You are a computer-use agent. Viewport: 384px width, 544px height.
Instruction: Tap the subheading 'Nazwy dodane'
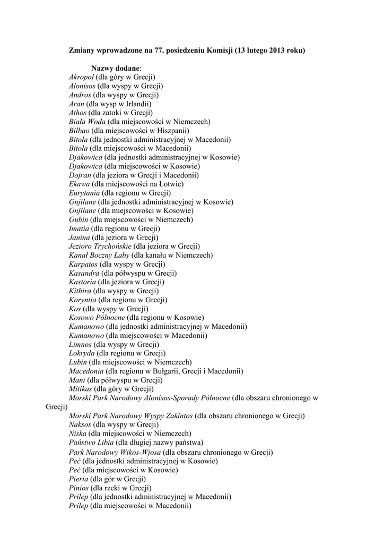[x=116, y=69]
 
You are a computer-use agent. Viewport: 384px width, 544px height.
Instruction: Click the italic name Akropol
[x=81, y=78]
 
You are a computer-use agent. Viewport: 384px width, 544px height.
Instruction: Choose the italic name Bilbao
[x=80, y=131]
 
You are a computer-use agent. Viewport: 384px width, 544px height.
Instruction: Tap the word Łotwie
[x=172, y=184]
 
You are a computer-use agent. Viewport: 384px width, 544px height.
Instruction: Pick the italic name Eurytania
[x=84, y=193]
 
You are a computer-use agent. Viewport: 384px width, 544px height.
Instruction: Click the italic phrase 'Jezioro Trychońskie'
[x=100, y=246]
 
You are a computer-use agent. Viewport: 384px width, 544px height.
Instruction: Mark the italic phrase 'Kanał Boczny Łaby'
[x=95, y=255]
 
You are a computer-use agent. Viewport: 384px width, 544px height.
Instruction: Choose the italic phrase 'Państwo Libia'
[x=91, y=442]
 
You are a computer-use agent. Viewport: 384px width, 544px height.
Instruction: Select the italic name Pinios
[x=79, y=488]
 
